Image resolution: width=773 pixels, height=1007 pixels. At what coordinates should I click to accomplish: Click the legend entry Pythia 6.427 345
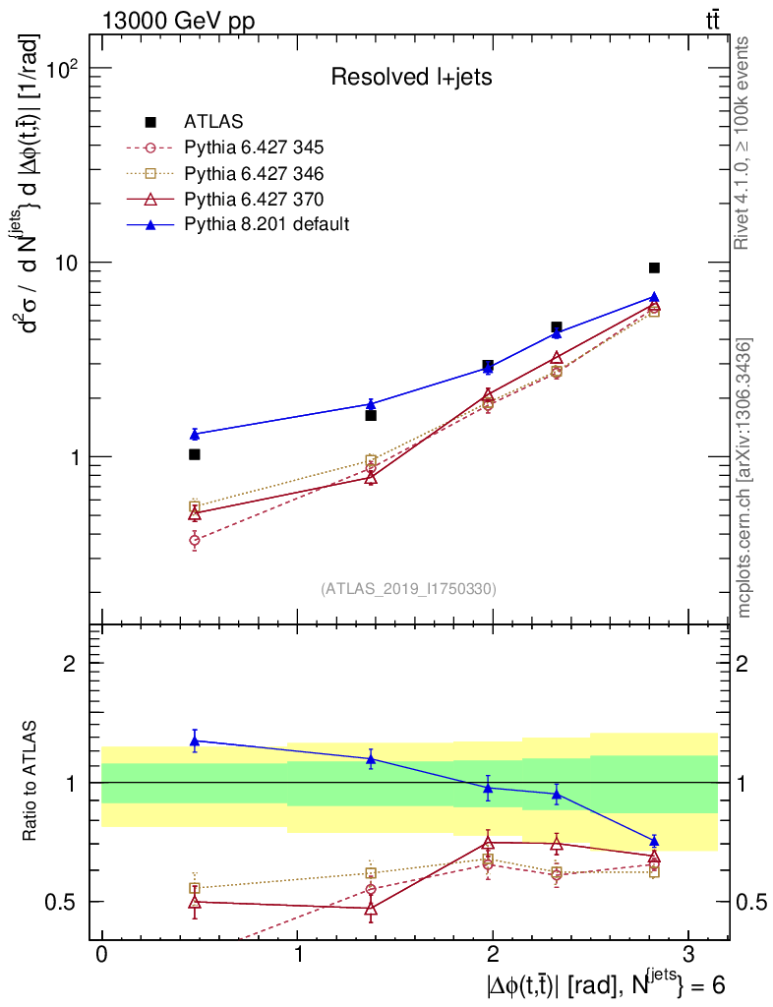254,148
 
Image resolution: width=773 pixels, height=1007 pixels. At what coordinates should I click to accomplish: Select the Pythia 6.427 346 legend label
254,174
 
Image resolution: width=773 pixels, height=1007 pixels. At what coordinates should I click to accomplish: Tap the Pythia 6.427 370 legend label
254,200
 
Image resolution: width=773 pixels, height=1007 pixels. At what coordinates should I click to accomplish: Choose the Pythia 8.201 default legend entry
267,225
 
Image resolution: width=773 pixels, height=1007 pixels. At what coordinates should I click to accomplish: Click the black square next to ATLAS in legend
150,123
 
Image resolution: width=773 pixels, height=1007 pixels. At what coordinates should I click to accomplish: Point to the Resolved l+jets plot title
411,77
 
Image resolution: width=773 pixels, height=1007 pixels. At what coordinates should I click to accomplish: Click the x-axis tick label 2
492,957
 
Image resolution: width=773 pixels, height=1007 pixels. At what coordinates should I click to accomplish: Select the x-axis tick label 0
101,957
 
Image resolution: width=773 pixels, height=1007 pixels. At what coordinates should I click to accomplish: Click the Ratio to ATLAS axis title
30,783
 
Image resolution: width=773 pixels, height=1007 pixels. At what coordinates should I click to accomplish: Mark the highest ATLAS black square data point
654,267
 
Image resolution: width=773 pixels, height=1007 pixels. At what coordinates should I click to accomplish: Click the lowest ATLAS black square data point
195,454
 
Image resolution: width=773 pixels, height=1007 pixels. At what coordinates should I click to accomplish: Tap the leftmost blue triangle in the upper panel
195,434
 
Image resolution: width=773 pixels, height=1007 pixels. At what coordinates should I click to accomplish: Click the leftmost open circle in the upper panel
195,540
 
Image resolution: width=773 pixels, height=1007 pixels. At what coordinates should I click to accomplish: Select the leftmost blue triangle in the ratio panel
195,740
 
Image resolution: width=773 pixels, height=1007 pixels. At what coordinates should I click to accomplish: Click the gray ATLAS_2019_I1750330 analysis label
408,589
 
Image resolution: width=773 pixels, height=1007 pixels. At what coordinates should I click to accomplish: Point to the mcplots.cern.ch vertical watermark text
744,478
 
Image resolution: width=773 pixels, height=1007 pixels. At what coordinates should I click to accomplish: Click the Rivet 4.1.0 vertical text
744,143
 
